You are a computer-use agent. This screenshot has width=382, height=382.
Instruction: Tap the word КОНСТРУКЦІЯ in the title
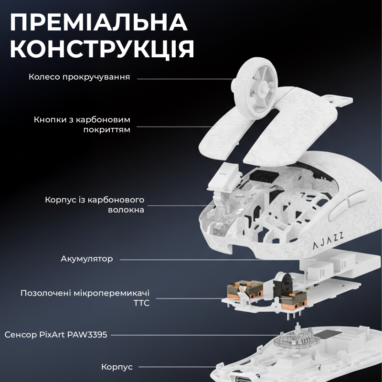(102, 49)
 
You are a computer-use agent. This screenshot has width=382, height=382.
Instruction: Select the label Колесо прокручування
(79, 77)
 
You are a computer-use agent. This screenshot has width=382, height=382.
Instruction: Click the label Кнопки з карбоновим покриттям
(82, 124)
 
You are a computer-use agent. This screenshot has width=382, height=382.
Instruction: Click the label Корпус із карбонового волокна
(95, 204)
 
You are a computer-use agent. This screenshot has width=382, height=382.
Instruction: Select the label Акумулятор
(87, 259)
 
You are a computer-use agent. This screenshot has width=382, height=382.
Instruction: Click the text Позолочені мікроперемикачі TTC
(85, 297)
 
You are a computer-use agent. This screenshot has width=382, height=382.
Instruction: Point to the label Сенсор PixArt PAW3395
(56, 335)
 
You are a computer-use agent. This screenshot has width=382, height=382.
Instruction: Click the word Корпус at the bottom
(117, 367)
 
